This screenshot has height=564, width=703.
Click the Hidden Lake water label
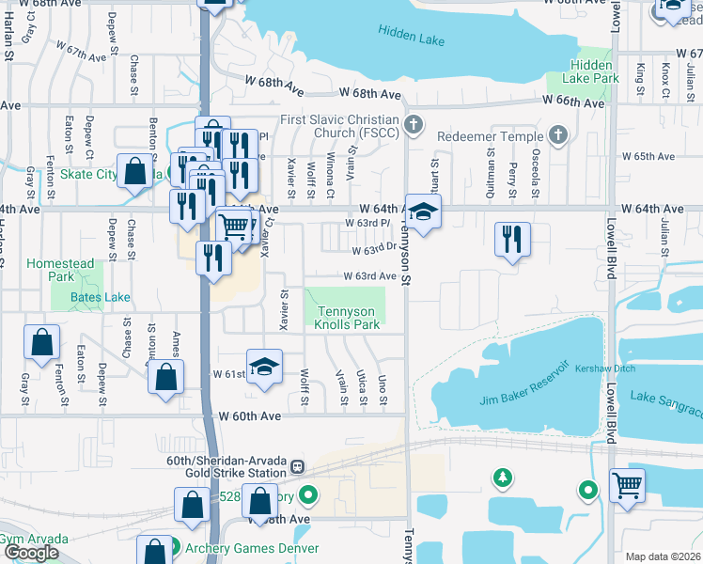click(x=410, y=31)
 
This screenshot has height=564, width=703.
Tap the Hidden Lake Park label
click(x=594, y=71)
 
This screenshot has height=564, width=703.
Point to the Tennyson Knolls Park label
click(x=348, y=318)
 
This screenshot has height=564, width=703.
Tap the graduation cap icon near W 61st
click(x=264, y=366)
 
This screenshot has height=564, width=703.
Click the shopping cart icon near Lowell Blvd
click(x=627, y=486)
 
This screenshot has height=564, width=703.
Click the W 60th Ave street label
click(x=250, y=415)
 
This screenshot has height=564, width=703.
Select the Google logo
click(x=32, y=553)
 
